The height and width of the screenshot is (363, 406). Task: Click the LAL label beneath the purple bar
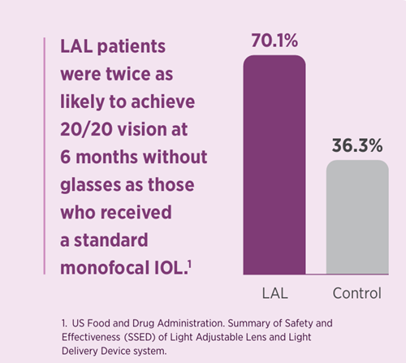coord(275,292)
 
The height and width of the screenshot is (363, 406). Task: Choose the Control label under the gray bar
coord(357,292)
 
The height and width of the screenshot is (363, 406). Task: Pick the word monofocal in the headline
coord(106,266)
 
